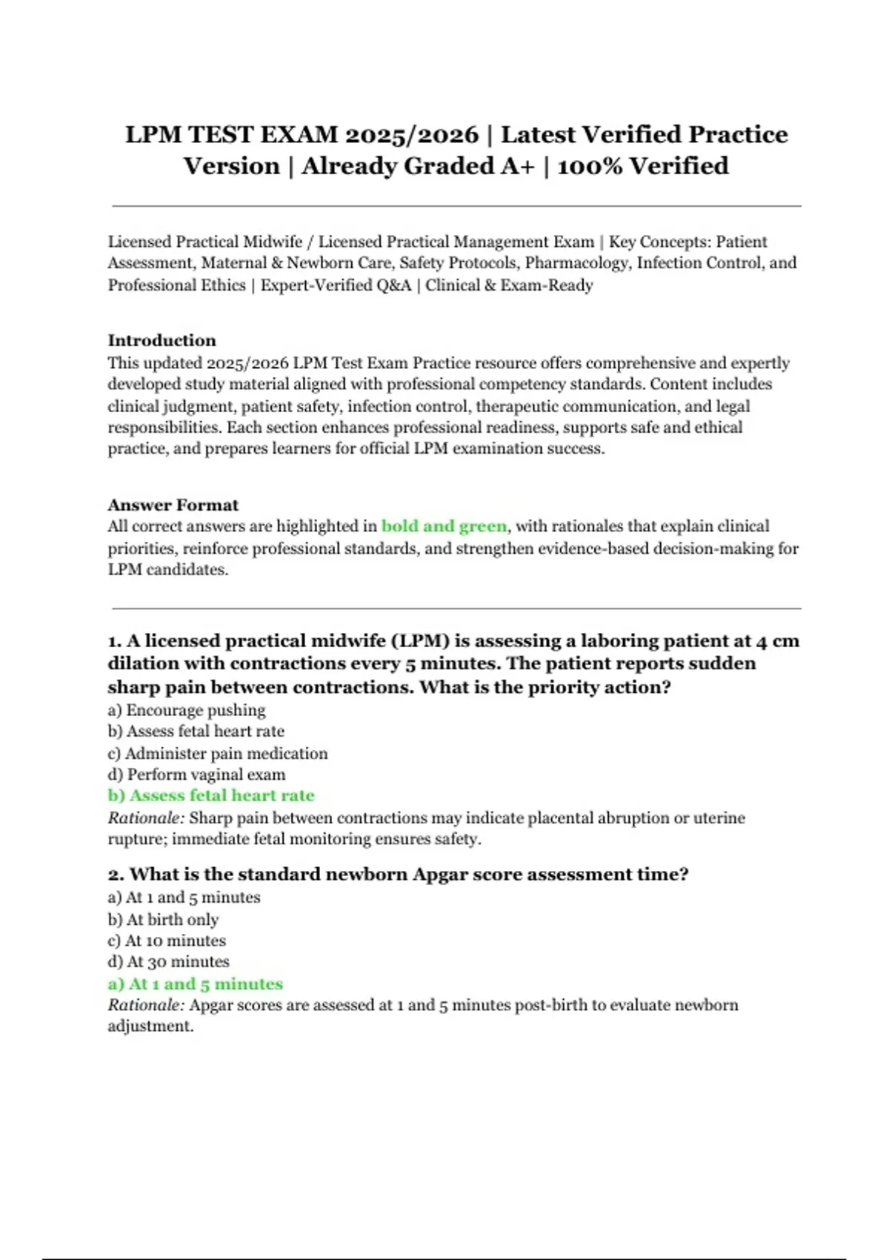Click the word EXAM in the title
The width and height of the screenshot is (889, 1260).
[x=297, y=135]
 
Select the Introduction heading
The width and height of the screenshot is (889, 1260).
[x=162, y=340]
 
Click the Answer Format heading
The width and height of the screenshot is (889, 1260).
[x=173, y=505]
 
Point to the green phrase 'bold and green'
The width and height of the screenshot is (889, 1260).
[x=444, y=526]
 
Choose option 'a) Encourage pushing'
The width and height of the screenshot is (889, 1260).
[x=186, y=710]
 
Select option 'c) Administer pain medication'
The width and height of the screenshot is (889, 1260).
[x=217, y=753]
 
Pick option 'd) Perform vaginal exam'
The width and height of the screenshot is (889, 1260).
[x=196, y=775]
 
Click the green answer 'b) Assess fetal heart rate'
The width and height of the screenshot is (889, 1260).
[x=210, y=795]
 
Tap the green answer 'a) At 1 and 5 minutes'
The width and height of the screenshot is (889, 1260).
[x=195, y=984]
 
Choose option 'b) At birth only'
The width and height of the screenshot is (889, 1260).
[x=163, y=919]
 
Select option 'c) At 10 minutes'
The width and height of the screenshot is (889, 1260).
[x=167, y=941]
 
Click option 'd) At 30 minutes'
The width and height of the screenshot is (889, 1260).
[x=168, y=961]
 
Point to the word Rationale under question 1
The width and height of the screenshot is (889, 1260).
[x=145, y=818]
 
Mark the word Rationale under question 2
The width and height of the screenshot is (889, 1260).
[x=145, y=1005]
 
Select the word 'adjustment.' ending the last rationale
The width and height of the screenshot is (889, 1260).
[x=150, y=1027]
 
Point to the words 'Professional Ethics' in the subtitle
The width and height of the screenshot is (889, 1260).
[x=176, y=285]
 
